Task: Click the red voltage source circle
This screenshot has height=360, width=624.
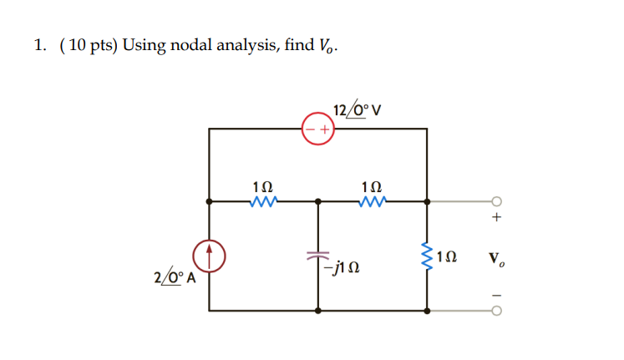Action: pyautogui.click(x=318, y=129)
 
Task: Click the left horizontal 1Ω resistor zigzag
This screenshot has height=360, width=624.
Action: pyautogui.click(x=263, y=201)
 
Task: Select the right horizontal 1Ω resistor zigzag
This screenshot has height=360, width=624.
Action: pyautogui.click(x=372, y=201)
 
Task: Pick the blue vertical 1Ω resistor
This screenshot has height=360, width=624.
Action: pyautogui.click(x=428, y=255)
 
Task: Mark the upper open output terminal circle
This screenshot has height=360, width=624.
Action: pyautogui.click(x=496, y=201)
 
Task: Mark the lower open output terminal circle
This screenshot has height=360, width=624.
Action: pyautogui.click(x=496, y=311)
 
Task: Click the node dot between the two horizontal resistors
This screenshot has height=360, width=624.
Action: pyautogui.click(x=318, y=201)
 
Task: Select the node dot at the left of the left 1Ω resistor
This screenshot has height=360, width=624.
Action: pyautogui.click(x=210, y=201)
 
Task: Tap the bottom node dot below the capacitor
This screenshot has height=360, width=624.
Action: pyautogui.click(x=318, y=311)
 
